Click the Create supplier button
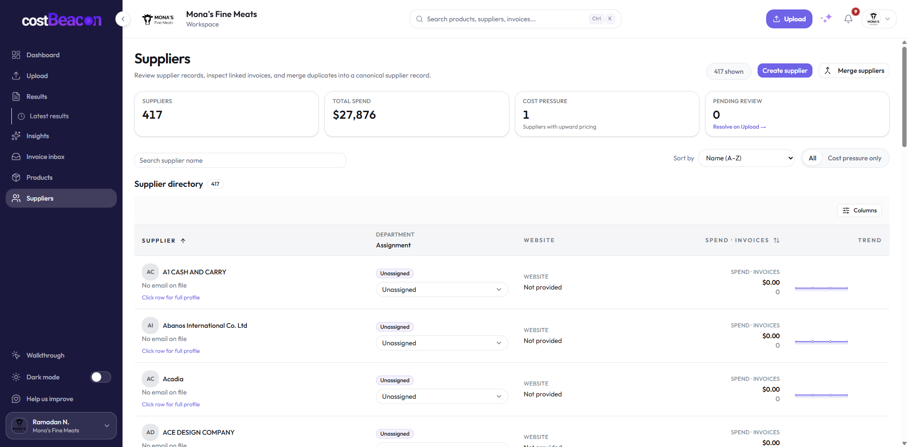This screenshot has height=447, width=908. [785, 70]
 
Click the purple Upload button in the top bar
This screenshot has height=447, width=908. [789, 19]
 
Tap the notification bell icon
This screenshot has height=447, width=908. [848, 19]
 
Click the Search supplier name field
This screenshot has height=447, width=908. [240, 160]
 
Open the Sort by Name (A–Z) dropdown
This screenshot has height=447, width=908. [746, 158]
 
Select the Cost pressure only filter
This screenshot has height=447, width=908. [855, 158]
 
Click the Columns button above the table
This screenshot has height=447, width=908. [859, 210]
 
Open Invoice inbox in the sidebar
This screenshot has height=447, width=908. [45, 157]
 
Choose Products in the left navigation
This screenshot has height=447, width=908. [39, 177]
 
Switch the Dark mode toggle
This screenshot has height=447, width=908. [101, 377]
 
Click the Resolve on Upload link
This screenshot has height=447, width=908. [739, 127]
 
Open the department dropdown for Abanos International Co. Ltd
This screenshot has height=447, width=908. [442, 343]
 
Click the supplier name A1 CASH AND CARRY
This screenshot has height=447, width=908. [194, 272]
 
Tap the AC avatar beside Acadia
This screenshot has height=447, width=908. [150, 379]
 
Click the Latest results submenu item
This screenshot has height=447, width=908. [49, 116]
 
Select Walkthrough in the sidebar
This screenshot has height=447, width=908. [45, 355]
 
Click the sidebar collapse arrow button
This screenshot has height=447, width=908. [123, 19]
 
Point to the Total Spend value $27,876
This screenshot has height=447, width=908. [354, 115]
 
